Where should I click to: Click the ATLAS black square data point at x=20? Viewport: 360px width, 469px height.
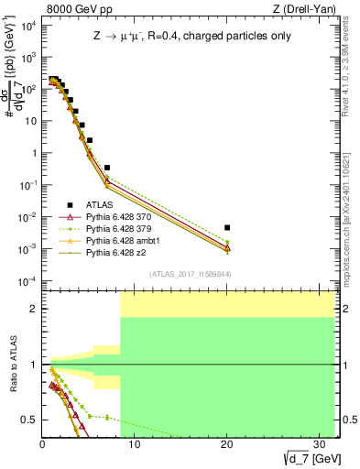[x=227, y=227]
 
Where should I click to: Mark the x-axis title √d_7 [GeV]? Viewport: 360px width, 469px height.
[x=307, y=457]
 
